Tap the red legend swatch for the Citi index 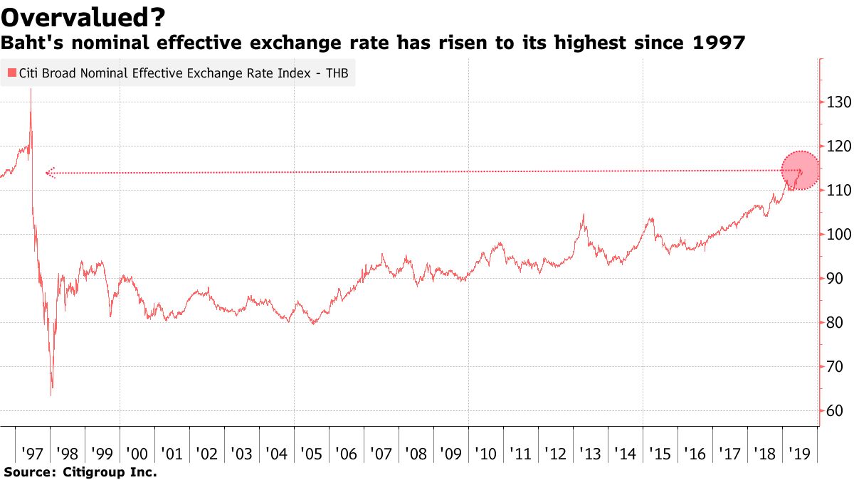click(11, 73)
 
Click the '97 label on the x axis click(33, 454)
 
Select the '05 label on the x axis click(311, 454)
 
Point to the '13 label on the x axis click(590, 454)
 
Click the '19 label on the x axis click(799, 454)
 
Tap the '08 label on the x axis click(416, 454)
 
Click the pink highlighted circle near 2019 click(801, 171)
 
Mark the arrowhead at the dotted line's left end click(48, 172)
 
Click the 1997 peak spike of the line click(31, 90)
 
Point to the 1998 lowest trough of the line click(51, 395)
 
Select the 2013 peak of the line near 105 click(583, 214)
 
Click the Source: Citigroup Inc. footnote click(80, 472)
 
